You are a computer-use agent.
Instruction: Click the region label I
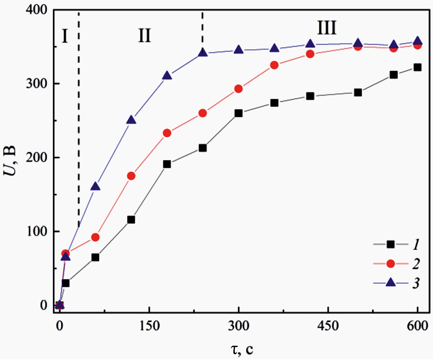(x=64, y=36)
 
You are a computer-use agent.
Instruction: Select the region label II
(x=144, y=36)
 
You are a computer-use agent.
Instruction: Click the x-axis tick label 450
(x=328, y=325)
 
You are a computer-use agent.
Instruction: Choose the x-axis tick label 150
(x=149, y=325)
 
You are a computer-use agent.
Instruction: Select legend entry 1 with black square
(x=390, y=245)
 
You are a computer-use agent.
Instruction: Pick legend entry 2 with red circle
(x=390, y=263)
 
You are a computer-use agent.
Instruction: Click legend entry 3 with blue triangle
(x=390, y=282)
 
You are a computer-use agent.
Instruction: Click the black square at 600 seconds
(x=417, y=67)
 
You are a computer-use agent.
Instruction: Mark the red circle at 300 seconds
(x=238, y=89)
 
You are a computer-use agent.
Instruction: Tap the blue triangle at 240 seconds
(x=203, y=53)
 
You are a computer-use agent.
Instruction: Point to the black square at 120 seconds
(x=131, y=220)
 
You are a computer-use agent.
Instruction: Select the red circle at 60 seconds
(x=95, y=237)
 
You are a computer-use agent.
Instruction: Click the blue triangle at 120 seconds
(x=131, y=120)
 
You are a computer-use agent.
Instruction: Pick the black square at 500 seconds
(x=358, y=92)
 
